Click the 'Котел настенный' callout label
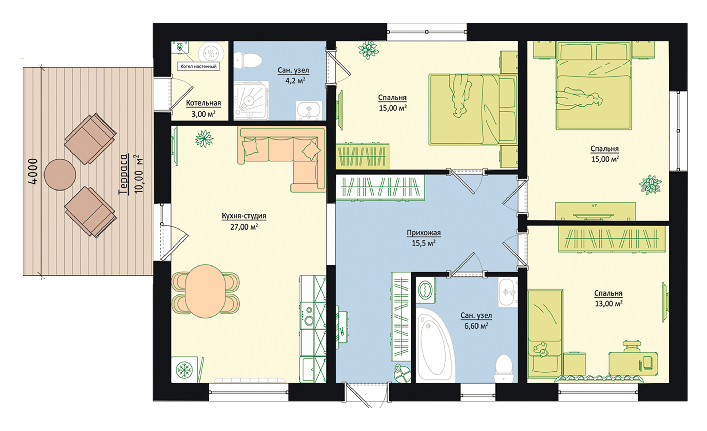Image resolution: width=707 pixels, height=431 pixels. pos(198,66)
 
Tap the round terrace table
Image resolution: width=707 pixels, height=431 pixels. pos(60,175)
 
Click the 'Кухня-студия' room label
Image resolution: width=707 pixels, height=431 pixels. pos(244,216)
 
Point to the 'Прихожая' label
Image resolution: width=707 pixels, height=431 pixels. pos(423,233)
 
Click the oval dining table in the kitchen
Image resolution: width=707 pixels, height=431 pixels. pos(205,291)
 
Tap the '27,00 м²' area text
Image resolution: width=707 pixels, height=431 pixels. pos(244,227)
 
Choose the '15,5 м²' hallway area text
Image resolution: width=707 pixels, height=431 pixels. pos(423,243)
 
